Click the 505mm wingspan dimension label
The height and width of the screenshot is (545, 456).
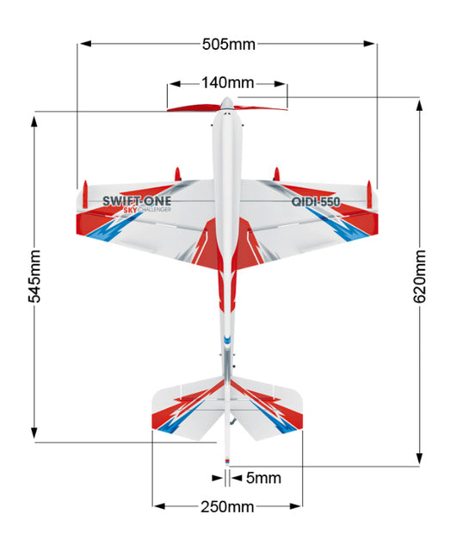[229, 44]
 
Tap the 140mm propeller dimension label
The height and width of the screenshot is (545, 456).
[228, 83]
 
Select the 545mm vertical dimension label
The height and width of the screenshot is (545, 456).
[34, 276]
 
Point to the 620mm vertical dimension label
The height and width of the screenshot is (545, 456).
[420, 276]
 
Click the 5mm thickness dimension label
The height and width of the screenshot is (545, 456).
[263, 478]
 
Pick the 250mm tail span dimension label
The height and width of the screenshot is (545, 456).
[227, 507]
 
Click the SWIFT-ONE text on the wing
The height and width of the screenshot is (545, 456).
[137, 201]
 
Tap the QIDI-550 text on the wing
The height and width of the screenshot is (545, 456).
[316, 202]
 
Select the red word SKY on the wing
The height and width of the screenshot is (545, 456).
[131, 210]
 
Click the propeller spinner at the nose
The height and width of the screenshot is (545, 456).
[227, 103]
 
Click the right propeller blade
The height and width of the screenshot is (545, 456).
[260, 107]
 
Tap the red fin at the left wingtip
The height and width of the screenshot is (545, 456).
[85, 194]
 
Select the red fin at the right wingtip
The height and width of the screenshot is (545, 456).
[369, 194]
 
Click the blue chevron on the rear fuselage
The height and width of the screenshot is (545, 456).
[227, 340]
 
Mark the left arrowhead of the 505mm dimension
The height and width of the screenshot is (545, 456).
[85, 44]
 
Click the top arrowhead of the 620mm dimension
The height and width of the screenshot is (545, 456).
[420, 106]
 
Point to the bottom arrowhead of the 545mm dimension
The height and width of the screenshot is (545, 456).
[34, 433]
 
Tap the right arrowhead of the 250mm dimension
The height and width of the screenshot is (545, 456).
[295, 506]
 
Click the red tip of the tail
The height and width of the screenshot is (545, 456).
[227, 461]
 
